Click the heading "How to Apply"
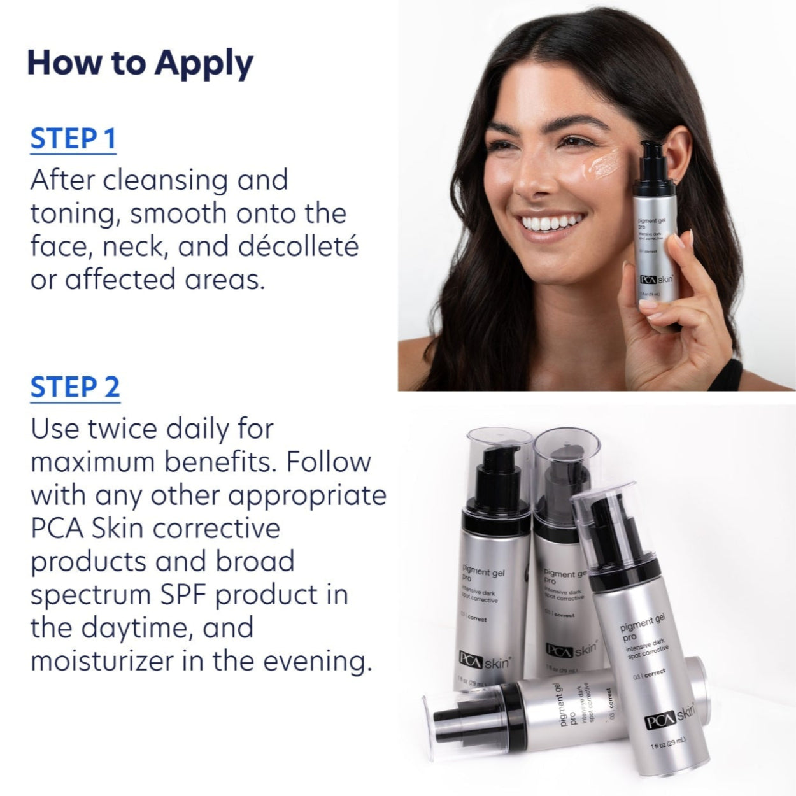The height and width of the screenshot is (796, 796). pyautogui.click(x=140, y=63)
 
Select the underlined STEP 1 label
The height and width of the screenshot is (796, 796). pyautogui.click(x=73, y=139)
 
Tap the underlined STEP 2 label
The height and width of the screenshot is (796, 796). pyautogui.click(x=75, y=387)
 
